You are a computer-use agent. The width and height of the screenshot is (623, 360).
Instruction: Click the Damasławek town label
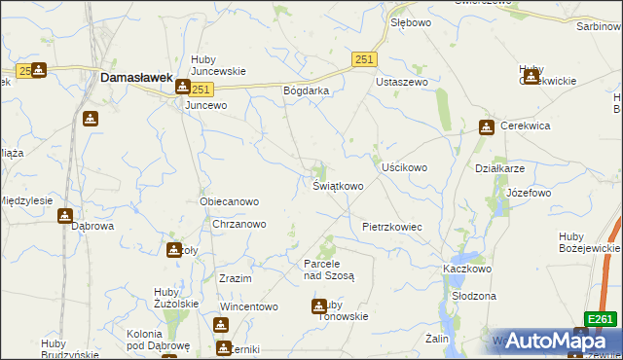137,76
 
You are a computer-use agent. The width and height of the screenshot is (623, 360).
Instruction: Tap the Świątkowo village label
339,185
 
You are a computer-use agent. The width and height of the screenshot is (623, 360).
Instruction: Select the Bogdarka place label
307,90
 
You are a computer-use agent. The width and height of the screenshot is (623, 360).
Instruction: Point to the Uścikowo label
404,167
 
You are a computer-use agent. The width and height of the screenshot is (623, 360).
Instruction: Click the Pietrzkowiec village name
391,226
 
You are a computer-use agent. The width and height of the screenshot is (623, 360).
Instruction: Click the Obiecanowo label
229,201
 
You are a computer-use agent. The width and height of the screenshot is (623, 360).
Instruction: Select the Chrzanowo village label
239,224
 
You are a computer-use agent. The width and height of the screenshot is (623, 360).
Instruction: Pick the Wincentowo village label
249,306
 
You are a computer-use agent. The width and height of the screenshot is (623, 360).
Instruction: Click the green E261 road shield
601,318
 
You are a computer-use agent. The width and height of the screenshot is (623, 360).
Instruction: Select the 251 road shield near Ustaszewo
364,59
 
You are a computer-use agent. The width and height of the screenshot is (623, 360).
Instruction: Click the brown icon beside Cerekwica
487,126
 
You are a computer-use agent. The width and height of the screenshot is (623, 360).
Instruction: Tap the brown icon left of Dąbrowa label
65,216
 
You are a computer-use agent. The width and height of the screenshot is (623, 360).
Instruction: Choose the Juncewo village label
205,105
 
